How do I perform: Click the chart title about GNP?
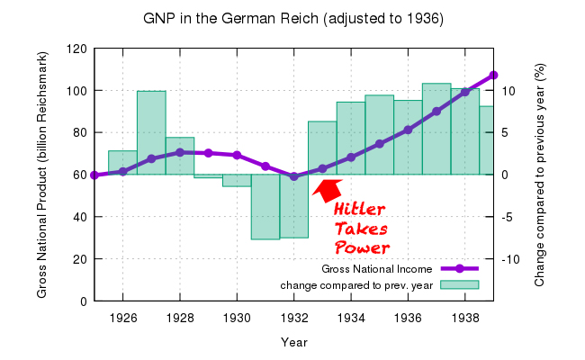coord(292,18)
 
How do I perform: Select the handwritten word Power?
coord(362,247)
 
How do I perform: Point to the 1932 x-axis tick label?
coord(294,318)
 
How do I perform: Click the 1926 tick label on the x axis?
coord(122,318)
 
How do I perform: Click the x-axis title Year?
coord(293,342)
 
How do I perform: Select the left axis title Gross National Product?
coord(42,175)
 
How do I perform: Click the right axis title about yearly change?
coord(540,175)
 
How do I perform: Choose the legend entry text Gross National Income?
coord(377,269)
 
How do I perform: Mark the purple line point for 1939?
coord(494,75)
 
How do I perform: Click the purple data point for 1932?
coord(294,176)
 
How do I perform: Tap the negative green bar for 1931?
coord(265,206)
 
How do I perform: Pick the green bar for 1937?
coord(436,129)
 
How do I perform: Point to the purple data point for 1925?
coord(94,175)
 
